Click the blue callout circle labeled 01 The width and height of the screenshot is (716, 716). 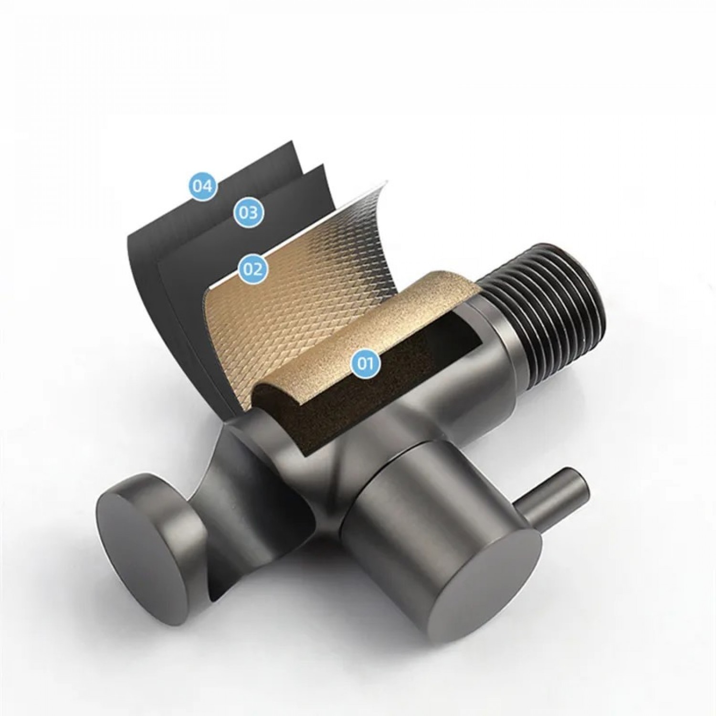[365, 364]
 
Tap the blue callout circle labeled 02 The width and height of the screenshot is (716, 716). [253, 269]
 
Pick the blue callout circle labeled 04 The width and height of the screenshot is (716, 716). [202, 186]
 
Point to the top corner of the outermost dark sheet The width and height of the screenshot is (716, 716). [292, 143]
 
